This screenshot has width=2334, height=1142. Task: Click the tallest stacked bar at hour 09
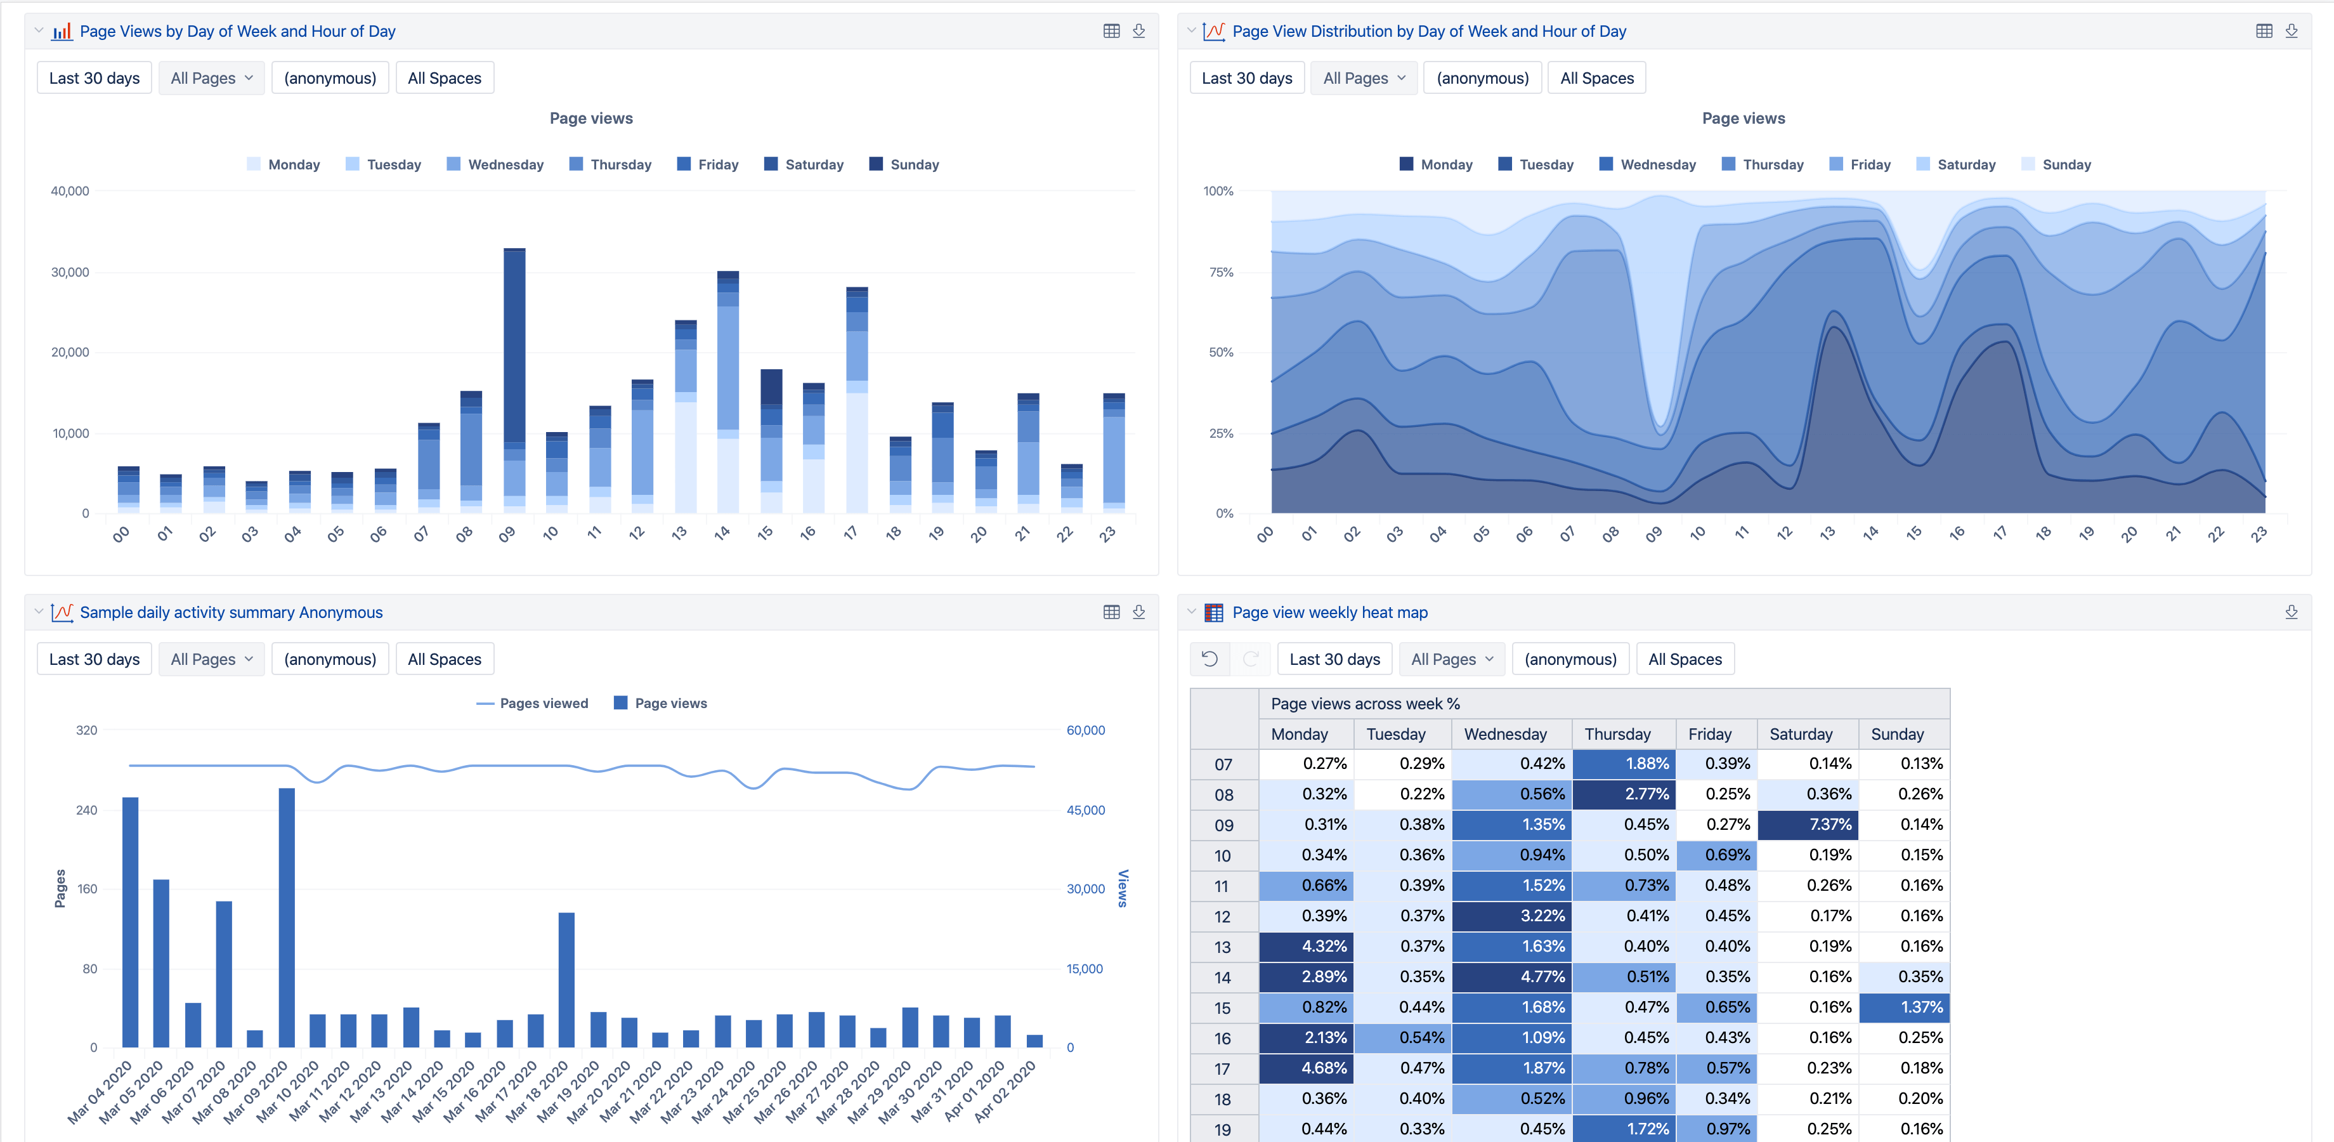(514, 381)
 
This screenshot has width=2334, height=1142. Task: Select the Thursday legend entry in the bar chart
(611, 164)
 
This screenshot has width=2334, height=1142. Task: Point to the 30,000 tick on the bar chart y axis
(70, 272)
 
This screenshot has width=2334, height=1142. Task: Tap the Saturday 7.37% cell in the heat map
(1807, 825)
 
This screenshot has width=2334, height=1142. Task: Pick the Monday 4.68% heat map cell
(1306, 1068)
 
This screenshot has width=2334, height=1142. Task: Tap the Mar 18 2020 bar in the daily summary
(566, 980)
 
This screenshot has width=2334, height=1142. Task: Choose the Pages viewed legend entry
(532, 704)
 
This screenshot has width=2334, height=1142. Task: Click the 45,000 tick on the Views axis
(1085, 810)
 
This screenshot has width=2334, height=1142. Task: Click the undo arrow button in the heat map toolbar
(1209, 659)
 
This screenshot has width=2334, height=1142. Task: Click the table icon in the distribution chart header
(2264, 31)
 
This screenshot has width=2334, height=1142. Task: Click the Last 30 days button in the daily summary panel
(95, 659)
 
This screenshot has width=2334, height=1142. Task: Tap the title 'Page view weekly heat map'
(1329, 613)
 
